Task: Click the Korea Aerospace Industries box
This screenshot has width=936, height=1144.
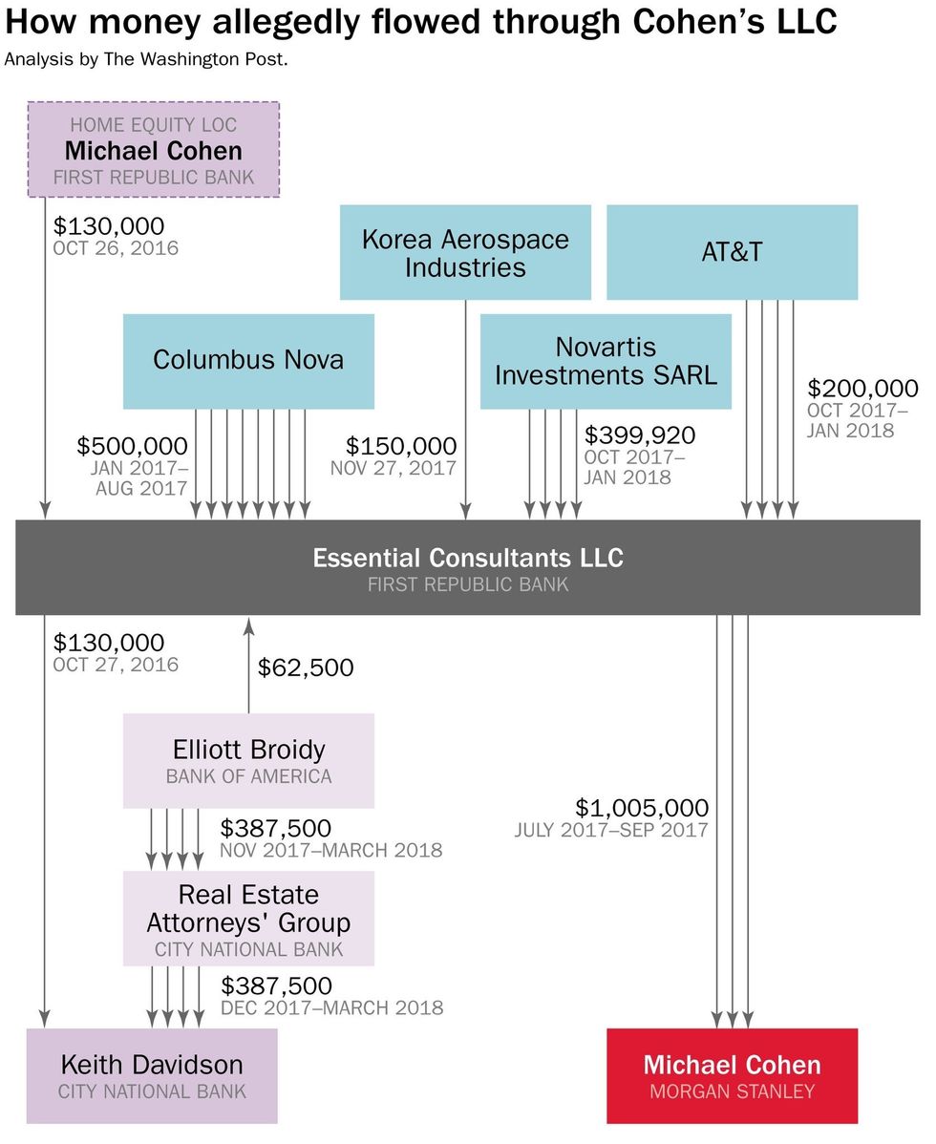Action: pos(465,252)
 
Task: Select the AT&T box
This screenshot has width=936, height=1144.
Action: pos(732,252)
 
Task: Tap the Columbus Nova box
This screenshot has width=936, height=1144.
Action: pos(248,360)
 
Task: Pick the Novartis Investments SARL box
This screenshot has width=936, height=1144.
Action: pos(606,360)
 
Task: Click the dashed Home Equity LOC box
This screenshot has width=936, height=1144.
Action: pos(153,150)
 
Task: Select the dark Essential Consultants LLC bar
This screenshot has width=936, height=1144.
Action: pos(468,567)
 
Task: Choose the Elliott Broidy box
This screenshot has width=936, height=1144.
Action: pos(248,760)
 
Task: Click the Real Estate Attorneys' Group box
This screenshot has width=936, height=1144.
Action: pos(248,918)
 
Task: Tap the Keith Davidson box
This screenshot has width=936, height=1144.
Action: pos(153,1075)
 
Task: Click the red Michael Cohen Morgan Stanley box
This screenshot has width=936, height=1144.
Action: pos(732,1075)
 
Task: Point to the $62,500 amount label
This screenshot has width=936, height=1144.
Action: pos(306,667)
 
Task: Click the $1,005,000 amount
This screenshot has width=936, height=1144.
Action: pos(642,807)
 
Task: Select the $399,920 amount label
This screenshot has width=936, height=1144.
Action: pos(640,435)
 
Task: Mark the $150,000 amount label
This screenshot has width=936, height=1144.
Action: pos(401,446)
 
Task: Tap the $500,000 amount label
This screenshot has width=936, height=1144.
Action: pos(132,446)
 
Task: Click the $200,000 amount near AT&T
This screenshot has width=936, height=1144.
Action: pos(862,389)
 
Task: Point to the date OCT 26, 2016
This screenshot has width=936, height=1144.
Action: pos(116,248)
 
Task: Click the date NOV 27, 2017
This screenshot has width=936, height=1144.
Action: pos(394,469)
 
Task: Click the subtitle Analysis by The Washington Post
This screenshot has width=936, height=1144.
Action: pos(145,59)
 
